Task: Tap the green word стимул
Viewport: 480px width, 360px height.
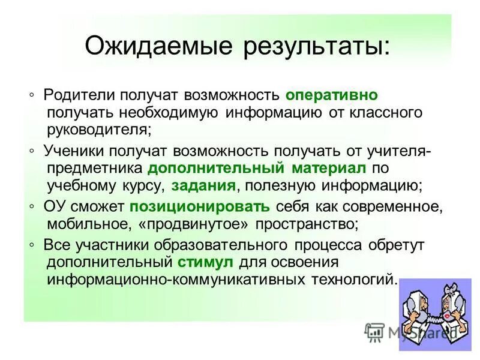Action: click(x=206, y=262)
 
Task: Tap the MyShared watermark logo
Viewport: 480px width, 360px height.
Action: click(x=410, y=331)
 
